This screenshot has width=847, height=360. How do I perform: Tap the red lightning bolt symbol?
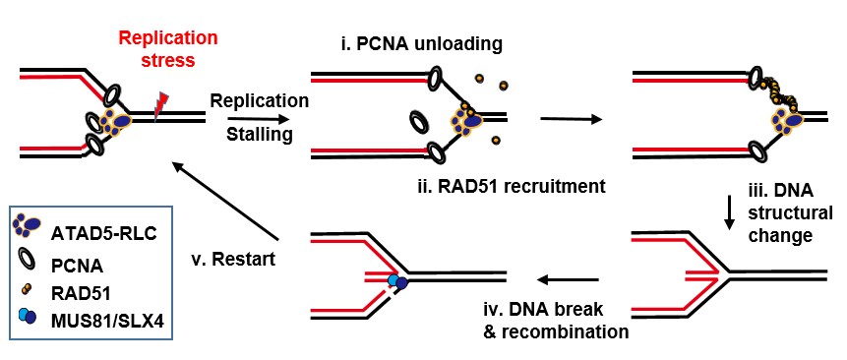(162, 99)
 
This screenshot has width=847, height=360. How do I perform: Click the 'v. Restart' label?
(233, 261)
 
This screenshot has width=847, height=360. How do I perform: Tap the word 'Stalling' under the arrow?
(259, 134)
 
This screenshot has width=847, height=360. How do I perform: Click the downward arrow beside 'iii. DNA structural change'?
(729, 212)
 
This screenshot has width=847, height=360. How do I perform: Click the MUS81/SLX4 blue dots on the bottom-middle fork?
(398, 281)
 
